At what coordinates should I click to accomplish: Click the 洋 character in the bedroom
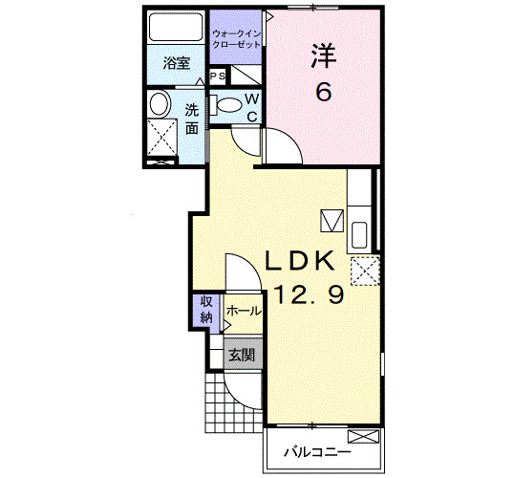pos(323,56)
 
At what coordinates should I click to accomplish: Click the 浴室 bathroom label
pos(176,64)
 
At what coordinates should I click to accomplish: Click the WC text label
pos(252,107)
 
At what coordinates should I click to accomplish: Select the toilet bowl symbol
pos(229,104)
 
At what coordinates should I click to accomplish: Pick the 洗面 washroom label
pos(191,119)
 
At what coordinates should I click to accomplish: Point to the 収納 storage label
pos(206,311)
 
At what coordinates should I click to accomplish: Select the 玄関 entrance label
pos(241,355)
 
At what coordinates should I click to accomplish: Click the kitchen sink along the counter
pos(359,235)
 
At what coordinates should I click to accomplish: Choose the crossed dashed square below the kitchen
pos(363,272)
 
